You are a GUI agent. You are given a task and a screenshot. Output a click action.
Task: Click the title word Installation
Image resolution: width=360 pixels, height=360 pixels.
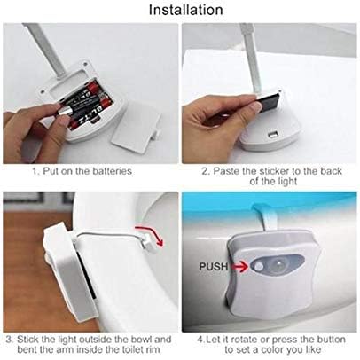coord(185,10)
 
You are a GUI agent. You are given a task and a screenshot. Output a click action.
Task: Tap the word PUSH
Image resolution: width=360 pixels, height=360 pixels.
coord(214,267)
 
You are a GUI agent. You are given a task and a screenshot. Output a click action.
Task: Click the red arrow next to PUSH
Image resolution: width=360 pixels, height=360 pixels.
coord(239,267)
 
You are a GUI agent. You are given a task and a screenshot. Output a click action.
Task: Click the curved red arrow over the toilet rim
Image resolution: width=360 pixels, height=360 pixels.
coord(150,234)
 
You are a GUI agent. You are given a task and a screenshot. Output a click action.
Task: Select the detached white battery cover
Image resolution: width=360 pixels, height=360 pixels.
coord(137,126)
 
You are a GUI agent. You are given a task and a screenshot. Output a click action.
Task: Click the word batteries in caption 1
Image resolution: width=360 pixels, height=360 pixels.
coord(113,171)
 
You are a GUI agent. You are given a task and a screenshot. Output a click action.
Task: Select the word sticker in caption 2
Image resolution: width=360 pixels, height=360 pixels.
coord(275,171)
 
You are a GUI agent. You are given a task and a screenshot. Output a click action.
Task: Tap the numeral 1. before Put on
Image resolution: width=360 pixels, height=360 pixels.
coord(36,171)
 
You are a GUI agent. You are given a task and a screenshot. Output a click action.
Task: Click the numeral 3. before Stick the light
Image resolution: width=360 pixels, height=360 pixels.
coord(10,339)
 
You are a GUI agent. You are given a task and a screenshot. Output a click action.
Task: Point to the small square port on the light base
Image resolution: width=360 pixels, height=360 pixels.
coord(271,135)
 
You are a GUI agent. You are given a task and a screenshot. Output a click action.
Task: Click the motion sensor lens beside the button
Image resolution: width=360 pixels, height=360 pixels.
coord(278,263)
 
